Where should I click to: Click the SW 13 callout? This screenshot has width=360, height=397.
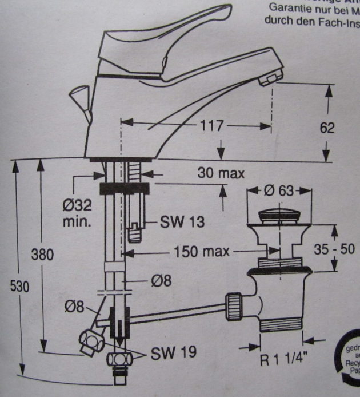[175, 221]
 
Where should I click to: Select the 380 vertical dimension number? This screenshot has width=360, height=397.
[41, 254]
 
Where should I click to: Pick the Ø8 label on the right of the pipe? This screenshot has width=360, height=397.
[159, 280]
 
